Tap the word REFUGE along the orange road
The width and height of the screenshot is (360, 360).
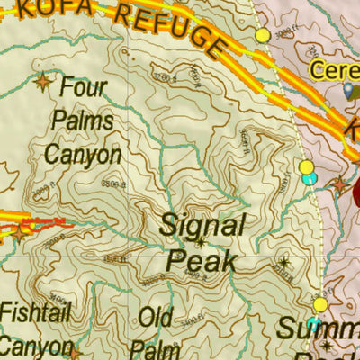176,27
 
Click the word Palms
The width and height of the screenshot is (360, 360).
83,121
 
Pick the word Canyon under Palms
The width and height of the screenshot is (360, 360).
83,154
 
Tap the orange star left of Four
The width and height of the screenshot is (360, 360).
42,84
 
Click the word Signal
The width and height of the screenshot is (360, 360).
202,225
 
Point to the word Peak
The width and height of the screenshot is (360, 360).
202,261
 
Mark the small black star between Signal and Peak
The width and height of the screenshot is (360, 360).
200,243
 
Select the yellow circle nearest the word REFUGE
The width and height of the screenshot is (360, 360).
263,35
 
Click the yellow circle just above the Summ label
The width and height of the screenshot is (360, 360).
320,304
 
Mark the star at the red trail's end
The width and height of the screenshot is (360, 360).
20,232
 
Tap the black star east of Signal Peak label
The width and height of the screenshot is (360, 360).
284,263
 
